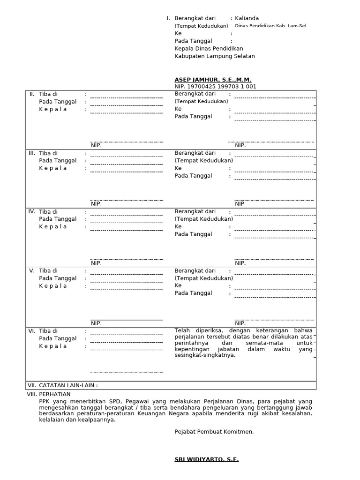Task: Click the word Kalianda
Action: [247, 18]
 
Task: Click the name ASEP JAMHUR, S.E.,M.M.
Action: [213, 80]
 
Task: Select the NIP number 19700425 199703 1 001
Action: [222, 87]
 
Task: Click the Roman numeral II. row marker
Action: [32, 94]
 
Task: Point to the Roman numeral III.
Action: [32, 153]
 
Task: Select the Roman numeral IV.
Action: [32, 212]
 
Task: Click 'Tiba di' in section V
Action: [48, 271]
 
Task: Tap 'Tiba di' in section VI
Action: [48, 331]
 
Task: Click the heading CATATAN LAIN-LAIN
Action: [68, 385]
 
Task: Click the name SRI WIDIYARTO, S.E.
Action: [207, 459]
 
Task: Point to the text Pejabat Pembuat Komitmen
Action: [214, 432]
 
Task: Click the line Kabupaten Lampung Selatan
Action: [215, 56]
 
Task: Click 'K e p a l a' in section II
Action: [52, 109]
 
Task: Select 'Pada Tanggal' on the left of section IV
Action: [58, 219]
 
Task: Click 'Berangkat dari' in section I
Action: [195, 18]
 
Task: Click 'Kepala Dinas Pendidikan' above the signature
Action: [209, 49]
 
